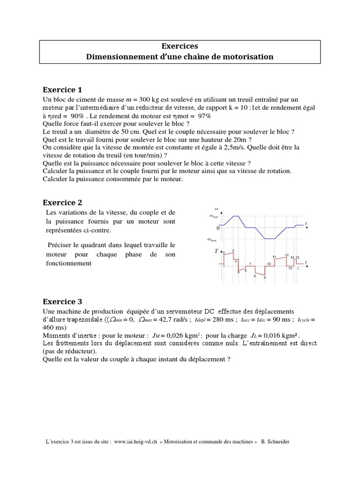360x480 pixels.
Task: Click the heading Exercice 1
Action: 62,90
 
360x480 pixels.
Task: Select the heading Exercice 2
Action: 62,202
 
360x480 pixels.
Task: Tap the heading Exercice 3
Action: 62,301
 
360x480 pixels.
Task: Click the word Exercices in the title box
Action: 180,46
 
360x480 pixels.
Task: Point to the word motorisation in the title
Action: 249,57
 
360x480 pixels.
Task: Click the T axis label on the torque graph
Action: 217,251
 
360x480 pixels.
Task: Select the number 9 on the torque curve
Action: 265,278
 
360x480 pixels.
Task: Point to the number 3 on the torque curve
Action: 232,251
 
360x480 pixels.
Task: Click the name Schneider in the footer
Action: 278,442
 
